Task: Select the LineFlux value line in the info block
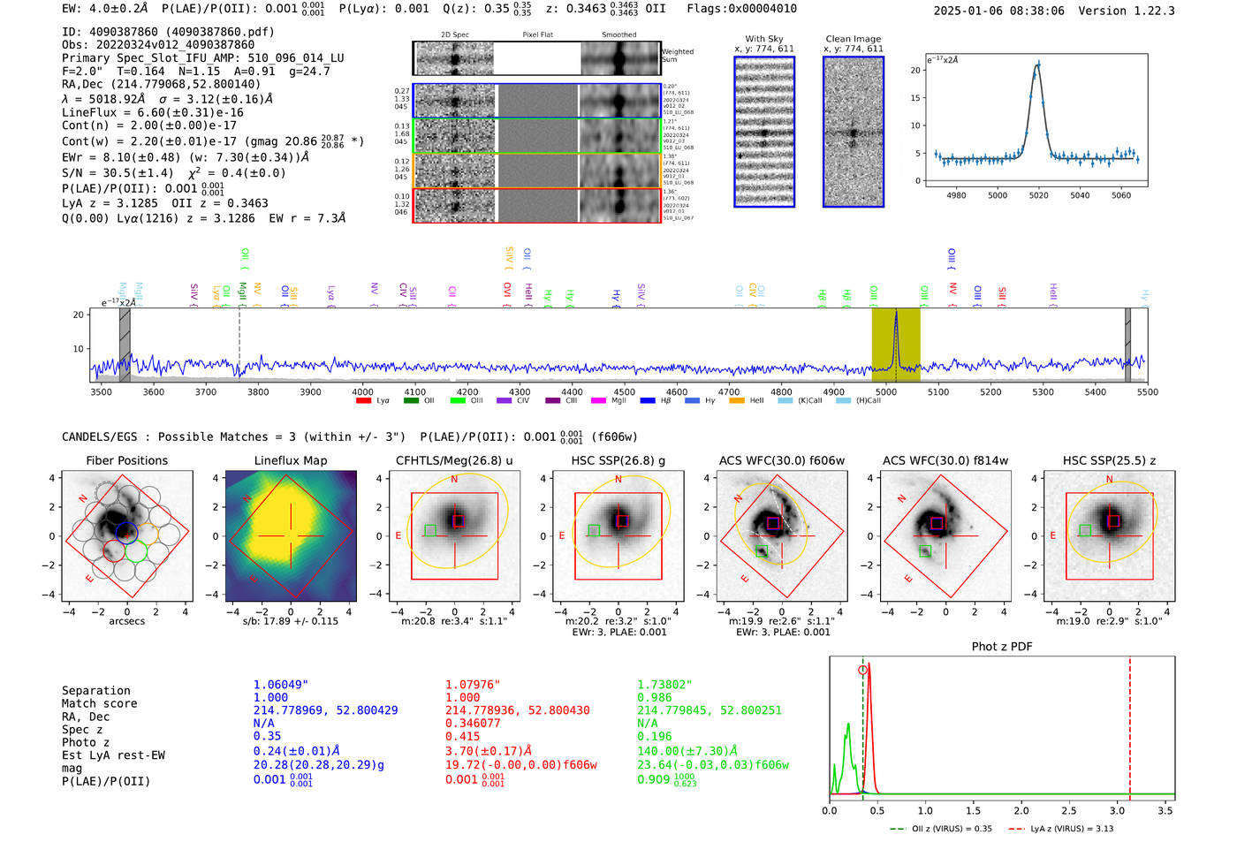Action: (x=152, y=112)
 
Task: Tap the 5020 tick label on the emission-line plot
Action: (x=1038, y=195)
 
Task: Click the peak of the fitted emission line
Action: (x=1037, y=64)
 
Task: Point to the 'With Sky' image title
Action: (x=763, y=39)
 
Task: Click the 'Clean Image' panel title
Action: (x=853, y=39)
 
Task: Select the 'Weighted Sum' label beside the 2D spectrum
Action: (x=678, y=56)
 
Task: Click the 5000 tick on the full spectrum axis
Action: (x=885, y=391)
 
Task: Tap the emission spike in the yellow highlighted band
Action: (x=896, y=315)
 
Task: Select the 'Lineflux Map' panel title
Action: (x=290, y=460)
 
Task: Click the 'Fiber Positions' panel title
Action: (x=126, y=460)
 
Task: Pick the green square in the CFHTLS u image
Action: (x=429, y=530)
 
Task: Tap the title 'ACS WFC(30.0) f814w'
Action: (x=945, y=460)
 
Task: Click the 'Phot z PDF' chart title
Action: (x=1001, y=646)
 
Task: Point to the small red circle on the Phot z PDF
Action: (x=862, y=670)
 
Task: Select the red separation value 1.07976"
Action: (x=472, y=684)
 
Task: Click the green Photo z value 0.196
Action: (x=654, y=736)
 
